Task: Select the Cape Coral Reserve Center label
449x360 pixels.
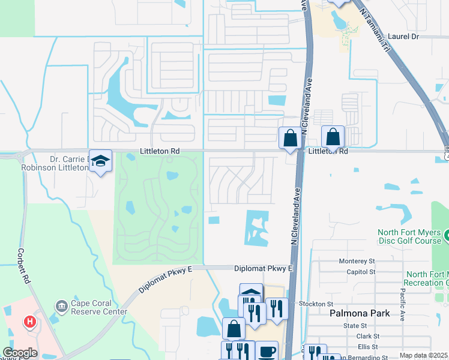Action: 99,307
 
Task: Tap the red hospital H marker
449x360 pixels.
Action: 29,322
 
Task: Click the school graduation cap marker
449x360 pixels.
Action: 100,160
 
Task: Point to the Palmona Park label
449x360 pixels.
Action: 360,313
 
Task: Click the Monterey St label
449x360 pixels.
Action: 357,262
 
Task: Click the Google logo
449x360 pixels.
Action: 20,353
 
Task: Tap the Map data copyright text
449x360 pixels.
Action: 424,356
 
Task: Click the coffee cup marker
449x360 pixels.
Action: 267,352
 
